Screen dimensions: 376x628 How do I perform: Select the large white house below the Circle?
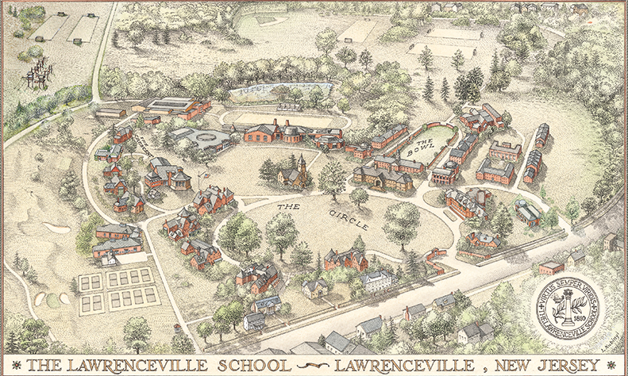point(378,280)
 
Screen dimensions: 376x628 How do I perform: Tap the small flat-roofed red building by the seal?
point(551,267)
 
